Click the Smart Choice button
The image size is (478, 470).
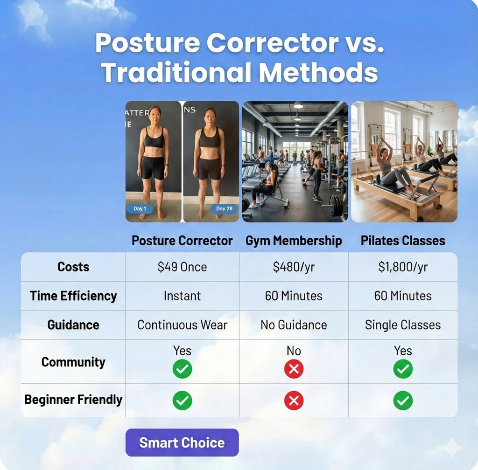coord(182,442)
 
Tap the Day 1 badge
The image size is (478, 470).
coord(140,208)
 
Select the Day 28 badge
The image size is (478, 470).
coord(224,208)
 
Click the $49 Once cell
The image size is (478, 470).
coord(183,267)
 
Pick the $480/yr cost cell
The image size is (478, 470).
coord(294,267)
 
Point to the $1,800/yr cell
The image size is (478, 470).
coord(403,267)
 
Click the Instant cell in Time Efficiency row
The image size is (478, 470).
coord(183,296)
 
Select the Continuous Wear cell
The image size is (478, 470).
coord(183,325)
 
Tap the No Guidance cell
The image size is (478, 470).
coord(294,325)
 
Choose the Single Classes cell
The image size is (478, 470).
coord(403,325)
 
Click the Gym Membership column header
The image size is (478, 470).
coord(294,241)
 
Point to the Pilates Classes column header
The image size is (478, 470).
coord(403,241)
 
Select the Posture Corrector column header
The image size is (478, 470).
coord(183,241)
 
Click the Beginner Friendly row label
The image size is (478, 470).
coord(73,400)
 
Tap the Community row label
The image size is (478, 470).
coord(73,362)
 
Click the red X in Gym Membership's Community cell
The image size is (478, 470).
coord(294,369)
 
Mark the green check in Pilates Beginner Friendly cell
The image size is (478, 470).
coord(403,401)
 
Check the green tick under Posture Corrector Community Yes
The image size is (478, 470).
coord(183,369)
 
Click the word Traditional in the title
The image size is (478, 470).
coord(177,72)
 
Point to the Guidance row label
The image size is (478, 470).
coord(73,325)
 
